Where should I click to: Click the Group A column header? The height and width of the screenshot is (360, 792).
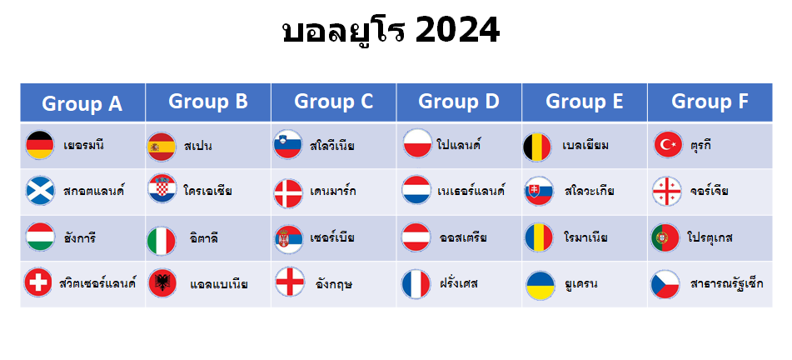(x=82, y=102)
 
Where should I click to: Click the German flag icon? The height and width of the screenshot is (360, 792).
(x=40, y=145)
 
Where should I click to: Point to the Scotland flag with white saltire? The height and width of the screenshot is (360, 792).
(x=41, y=191)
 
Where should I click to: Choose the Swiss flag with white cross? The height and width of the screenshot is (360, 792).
(x=37, y=282)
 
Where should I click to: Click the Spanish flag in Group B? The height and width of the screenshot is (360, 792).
(x=161, y=147)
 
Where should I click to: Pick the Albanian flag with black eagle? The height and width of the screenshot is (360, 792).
(x=162, y=283)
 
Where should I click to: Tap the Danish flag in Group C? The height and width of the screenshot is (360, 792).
(x=288, y=193)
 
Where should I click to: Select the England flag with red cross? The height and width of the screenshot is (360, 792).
(x=290, y=282)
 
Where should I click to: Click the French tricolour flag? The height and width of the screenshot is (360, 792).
(x=416, y=284)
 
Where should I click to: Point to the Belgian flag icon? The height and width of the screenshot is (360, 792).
(x=537, y=147)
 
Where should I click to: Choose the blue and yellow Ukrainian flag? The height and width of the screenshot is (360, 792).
(x=540, y=286)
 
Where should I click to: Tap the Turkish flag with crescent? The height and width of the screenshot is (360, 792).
(x=668, y=145)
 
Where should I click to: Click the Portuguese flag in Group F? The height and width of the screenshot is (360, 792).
(x=665, y=237)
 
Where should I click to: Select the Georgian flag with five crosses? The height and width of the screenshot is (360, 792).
(x=667, y=191)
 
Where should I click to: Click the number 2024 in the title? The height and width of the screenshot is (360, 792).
(x=457, y=30)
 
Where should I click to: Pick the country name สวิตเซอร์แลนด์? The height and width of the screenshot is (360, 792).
(x=97, y=282)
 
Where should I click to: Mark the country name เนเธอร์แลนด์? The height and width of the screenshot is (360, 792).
(x=471, y=191)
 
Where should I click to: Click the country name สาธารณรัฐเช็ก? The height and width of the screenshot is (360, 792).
(x=726, y=283)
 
